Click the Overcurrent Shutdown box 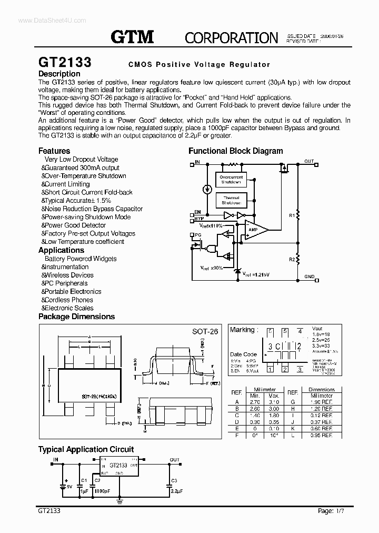[x=231, y=180]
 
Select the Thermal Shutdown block [x=231, y=201]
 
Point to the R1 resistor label [x=292, y=215]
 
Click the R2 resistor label [x=292, y=260]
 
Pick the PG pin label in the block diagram [x=198, y=235]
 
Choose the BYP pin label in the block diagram [x=199, y=218]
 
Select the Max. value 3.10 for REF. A [x=274, y=401]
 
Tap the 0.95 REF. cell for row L [x=322, y=436]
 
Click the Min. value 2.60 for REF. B [x=255, y=408]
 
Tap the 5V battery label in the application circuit [x=68, y=487]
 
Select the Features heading [x=54, y=151]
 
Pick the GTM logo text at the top [x=132, y=37]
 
